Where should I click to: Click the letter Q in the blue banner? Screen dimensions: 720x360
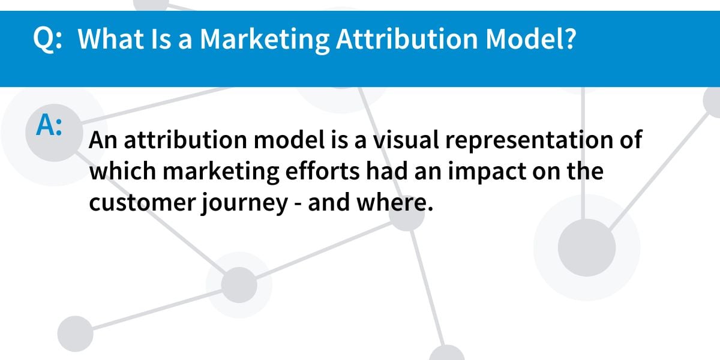(x=43, y=40)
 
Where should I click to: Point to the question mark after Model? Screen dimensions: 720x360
(x=569, y=38)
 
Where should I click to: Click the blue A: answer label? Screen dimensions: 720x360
(x=49, y=125)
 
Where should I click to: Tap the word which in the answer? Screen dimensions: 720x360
(x=123, y=170)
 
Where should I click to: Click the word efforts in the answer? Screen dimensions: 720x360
(x=322, y=170)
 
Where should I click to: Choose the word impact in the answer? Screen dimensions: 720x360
(x=487, y=172)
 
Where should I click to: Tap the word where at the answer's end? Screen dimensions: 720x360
(x=395, y=202)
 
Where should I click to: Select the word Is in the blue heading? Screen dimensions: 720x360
(x=161, y=38)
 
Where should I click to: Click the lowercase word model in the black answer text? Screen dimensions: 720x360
(x=289, y=140)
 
